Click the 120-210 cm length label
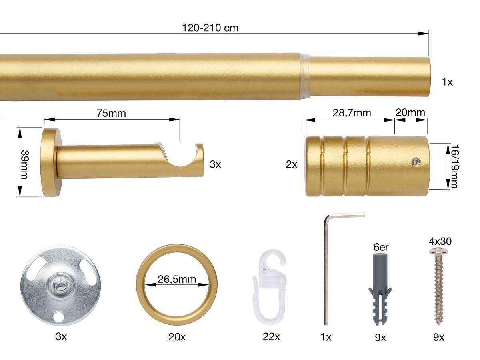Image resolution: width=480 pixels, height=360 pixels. [x=210, y=28]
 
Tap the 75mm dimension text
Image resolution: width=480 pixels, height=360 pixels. [x=111, y=114]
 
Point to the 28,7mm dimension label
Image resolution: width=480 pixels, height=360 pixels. [x=352, y=113]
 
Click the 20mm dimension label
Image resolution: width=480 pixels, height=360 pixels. [x=410, y=112]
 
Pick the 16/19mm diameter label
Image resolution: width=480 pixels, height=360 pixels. [x=454, y=166]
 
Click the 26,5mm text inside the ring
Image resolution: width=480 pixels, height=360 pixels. [x=176, y=279]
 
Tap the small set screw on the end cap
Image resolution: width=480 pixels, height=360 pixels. [x=416, y=162]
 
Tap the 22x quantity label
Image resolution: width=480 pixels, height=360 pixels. [x=271, y=337]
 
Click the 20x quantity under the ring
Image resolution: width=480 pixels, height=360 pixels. [x=177, y=337]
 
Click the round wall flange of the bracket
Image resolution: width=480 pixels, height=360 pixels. [x=50, y=162]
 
